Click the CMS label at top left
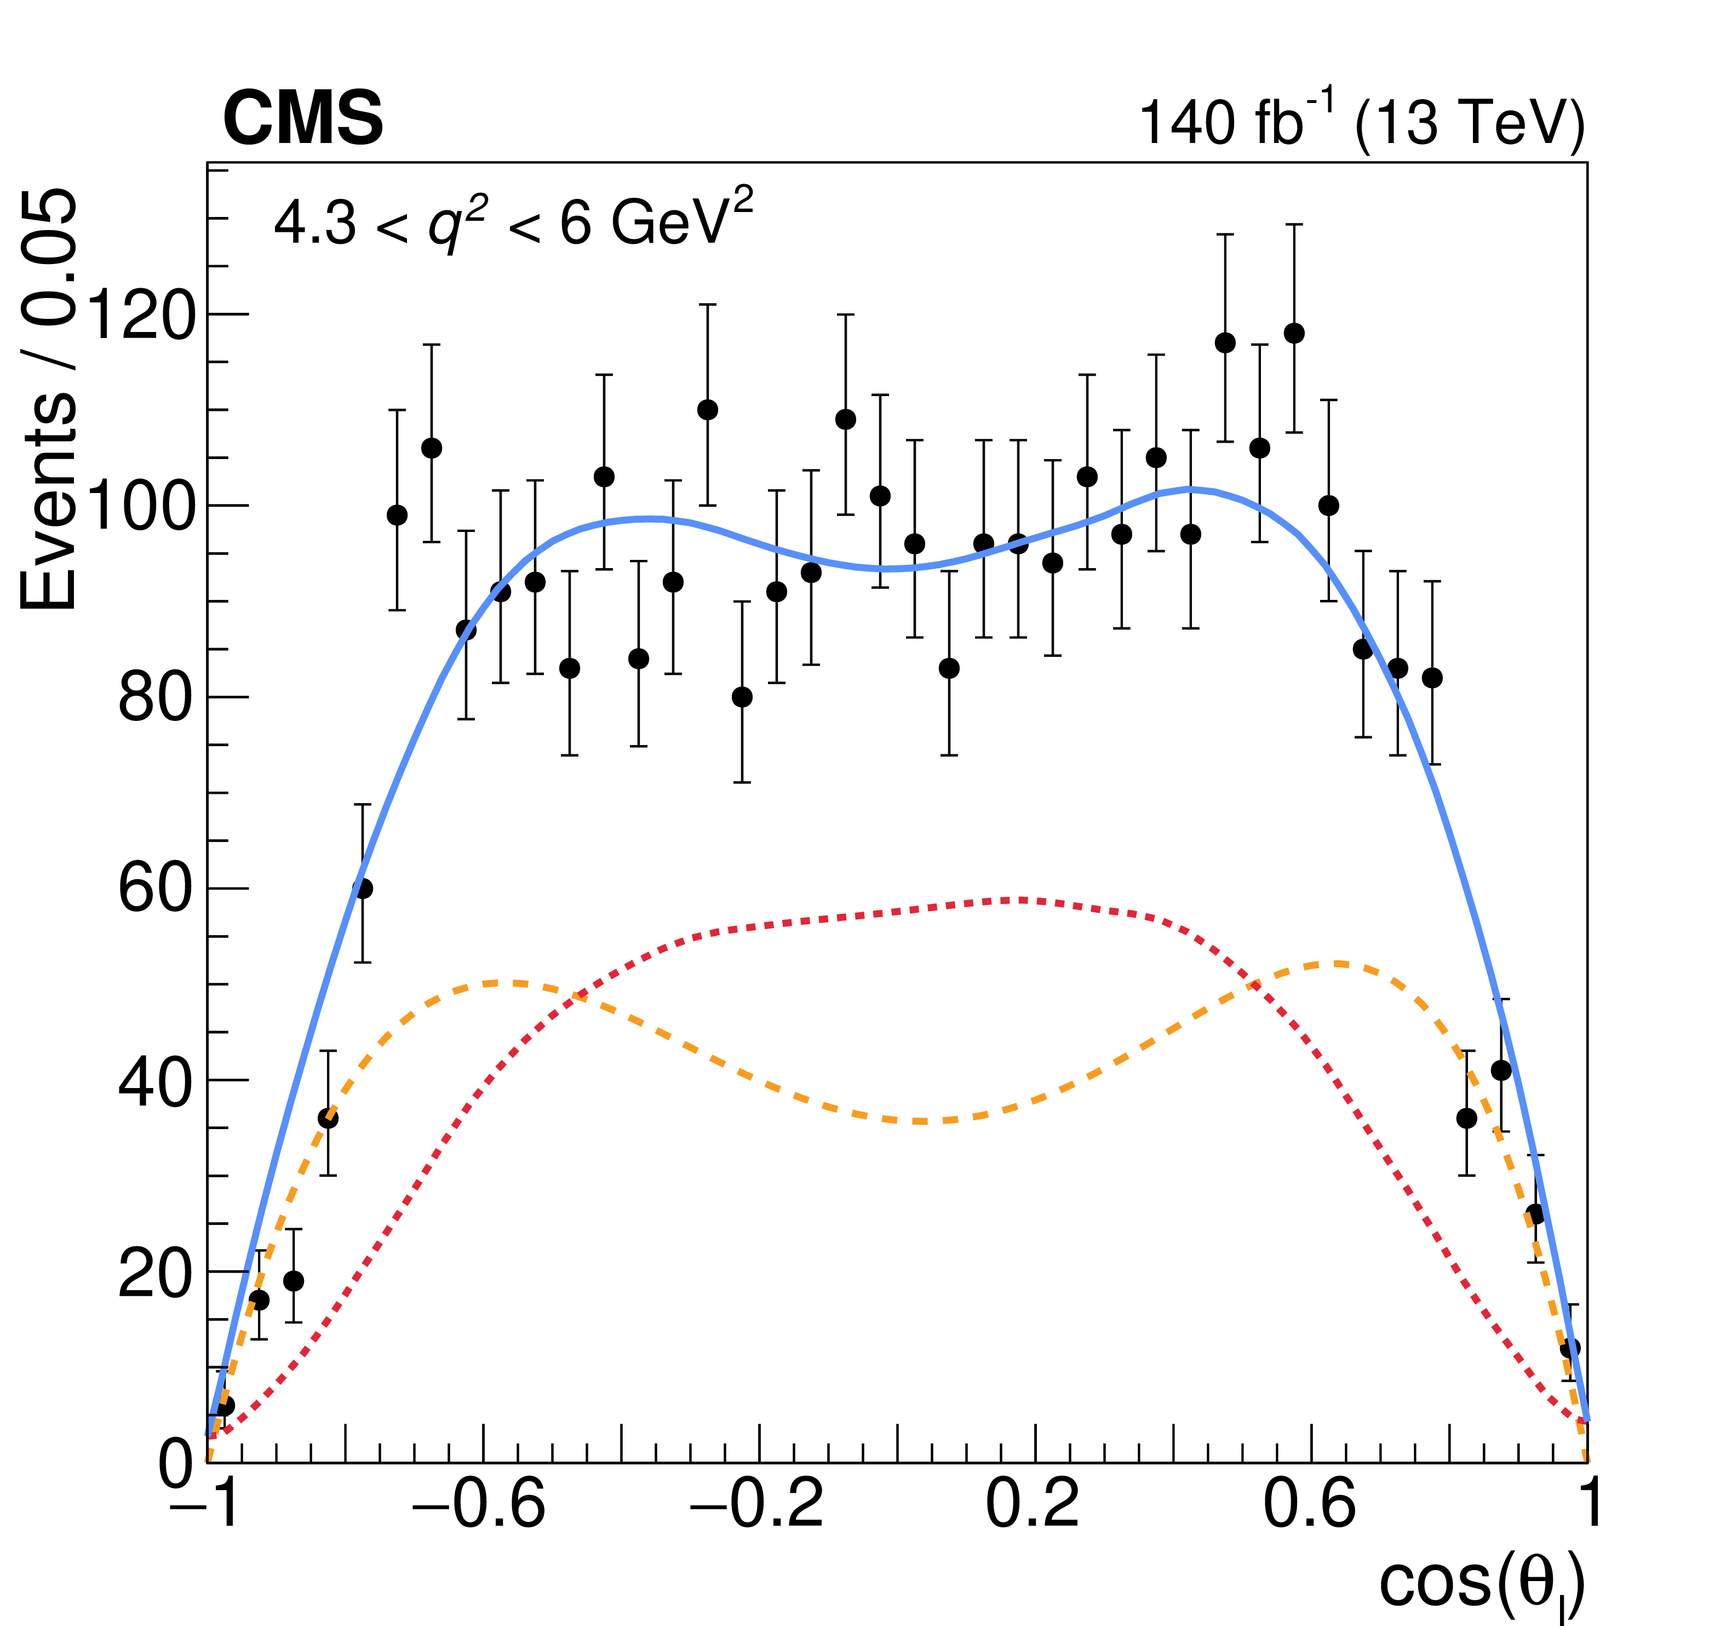click(303, 119)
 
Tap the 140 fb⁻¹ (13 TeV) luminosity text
click(1361, 122)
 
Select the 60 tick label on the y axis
click(154, 889)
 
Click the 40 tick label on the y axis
click(154, 1081)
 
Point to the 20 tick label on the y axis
click(154, 1273)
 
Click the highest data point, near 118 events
click(1294, 333)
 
